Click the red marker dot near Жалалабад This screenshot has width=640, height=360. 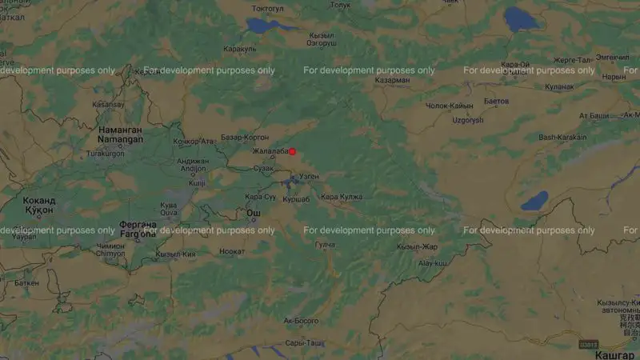click(293, 151)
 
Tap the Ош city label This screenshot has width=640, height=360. click(253, 213)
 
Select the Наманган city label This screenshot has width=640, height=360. click(120, 129)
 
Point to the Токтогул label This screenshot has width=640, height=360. click(268, 9)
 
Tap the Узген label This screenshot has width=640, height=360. click(308, 176)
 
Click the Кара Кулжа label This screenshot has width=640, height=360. click(342, 197)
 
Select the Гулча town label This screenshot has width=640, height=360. click(326, 245)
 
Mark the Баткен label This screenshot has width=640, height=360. click(26, 282)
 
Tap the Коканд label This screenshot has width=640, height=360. click(39, 200)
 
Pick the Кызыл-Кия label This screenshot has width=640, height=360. click(176, 254)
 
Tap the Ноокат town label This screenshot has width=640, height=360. click(232, 251)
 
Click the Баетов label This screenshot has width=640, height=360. click(496, 102)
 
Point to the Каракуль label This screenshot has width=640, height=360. click(239, 48)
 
